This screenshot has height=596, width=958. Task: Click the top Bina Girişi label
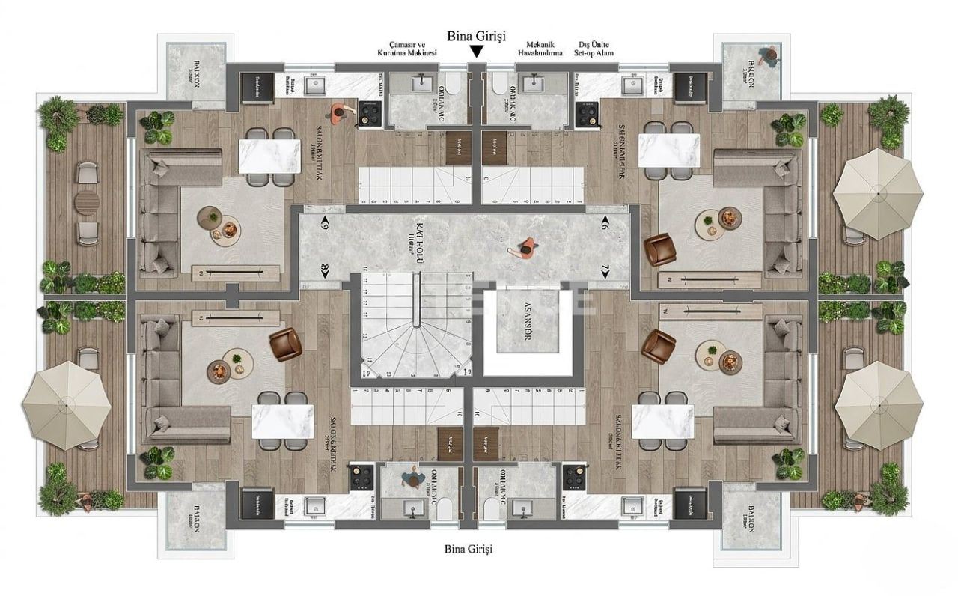476,35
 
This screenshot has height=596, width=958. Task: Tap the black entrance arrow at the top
476,52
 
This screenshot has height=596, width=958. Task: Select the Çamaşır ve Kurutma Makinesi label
407,49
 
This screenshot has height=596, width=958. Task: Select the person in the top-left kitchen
338,113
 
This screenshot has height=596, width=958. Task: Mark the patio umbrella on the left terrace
67,405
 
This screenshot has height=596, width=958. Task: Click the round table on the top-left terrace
88,201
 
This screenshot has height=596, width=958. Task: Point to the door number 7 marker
604,269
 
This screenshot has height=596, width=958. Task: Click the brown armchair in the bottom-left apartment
285,344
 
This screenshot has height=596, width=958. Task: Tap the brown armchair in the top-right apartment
659,249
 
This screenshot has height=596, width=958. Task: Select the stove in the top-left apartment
369,112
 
